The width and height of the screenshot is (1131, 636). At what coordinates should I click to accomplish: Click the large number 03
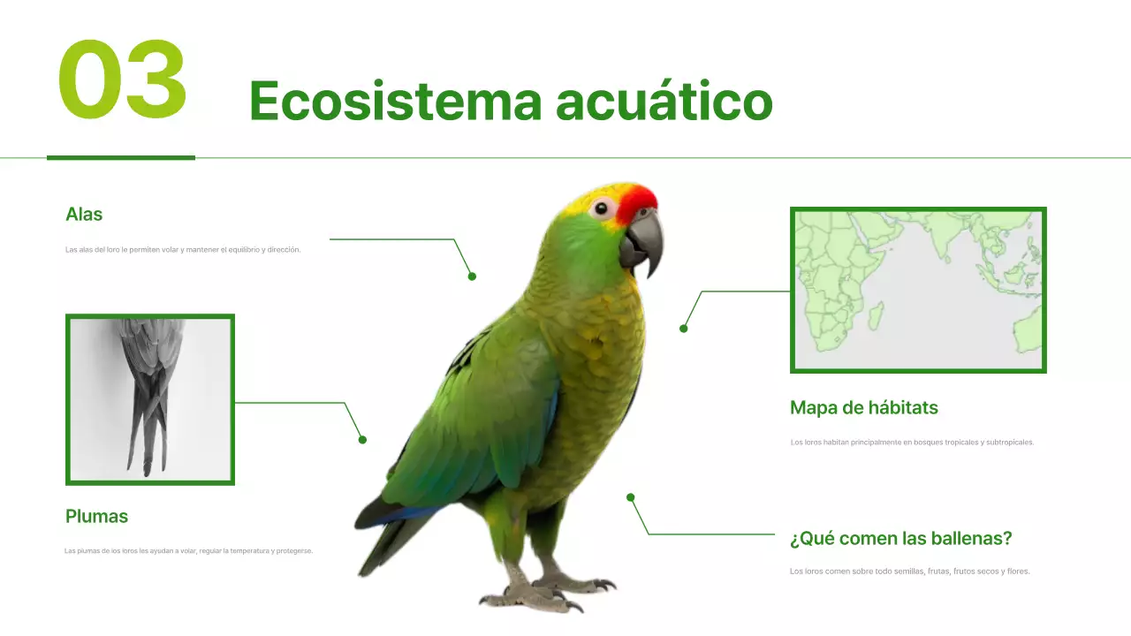123,81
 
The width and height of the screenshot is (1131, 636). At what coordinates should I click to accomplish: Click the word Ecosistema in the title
394,101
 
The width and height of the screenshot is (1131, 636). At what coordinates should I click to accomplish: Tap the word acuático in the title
664,101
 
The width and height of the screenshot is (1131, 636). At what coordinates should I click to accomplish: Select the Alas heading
84,215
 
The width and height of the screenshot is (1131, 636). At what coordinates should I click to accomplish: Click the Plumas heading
96,517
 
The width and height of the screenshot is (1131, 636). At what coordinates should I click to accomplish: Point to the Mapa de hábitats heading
863,408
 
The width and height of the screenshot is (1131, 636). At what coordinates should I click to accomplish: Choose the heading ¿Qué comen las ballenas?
900,539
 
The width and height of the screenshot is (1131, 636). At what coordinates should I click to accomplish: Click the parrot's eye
603,208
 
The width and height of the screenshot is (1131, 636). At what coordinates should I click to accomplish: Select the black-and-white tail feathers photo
150,399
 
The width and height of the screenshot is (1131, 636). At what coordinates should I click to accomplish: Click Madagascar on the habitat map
875,315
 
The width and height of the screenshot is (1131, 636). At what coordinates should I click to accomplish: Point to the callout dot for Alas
472,276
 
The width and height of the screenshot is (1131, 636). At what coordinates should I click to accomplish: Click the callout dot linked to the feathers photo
362,440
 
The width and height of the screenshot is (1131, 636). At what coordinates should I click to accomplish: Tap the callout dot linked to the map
683,329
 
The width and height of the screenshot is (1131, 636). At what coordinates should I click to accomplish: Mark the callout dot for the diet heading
631,497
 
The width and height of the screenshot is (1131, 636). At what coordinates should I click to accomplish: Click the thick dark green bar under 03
121,158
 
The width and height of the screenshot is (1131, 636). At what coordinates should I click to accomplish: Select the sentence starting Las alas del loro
183,250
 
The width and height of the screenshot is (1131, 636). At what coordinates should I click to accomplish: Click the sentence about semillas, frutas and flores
909,572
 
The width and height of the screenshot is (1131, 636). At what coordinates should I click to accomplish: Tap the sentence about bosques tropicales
912,443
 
